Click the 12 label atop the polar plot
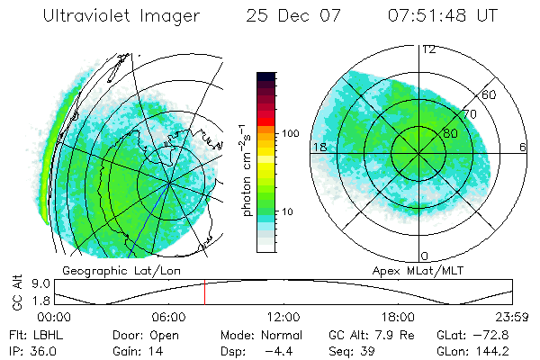[x=428, y=49]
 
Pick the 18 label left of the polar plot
[x=318, y=147]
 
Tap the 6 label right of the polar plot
[x=523, y=147]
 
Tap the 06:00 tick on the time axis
[x=168, y=316]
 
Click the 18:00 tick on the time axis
[x=398, y=316]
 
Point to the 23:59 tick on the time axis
[x=511, y=316]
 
